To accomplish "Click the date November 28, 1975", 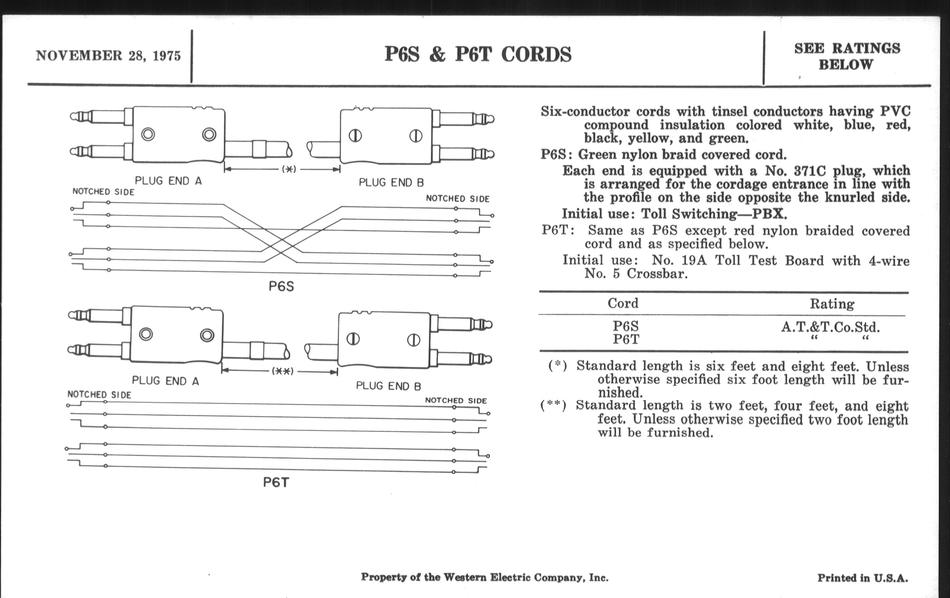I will tap(108, 56).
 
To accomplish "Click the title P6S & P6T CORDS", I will tap(477, 54).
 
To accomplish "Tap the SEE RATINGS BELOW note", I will tap(847, 56).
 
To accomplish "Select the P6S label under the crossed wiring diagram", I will tap(281, 286).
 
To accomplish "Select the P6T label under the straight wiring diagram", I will tap(276, 482).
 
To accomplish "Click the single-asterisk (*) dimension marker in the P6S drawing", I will tap(289, 169).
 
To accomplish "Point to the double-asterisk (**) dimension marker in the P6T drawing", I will tap(282, 371).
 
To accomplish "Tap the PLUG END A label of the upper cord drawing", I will tap(168, 181).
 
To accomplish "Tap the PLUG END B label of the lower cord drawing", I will tap(388, 386).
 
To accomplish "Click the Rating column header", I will tap(832, 304).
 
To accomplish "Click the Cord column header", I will tap(623, 303).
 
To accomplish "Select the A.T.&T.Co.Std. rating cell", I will tap(830, 327).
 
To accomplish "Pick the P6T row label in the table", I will tap(626, 340).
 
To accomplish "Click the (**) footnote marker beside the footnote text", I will tap(553, 405).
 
